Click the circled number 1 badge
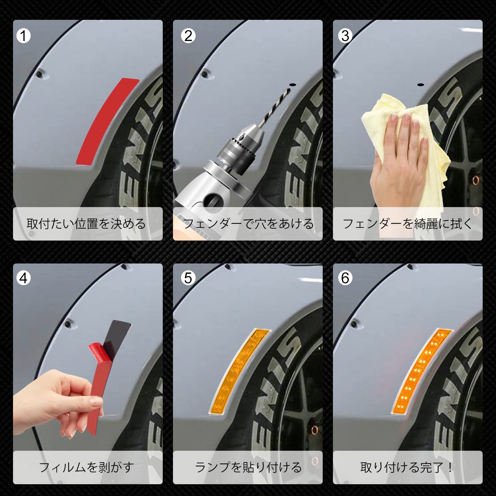tap(23, 36)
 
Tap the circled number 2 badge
tap(188, 36)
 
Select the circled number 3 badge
tap(345, 36)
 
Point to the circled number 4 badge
tap(23, 278)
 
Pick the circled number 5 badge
tap(188, 278)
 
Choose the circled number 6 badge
tap(345, 278)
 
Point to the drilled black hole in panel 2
tap(292, 85)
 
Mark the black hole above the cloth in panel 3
tap(420, 84)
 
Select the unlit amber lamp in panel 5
tap(240, 370)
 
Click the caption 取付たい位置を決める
tap(86, 224)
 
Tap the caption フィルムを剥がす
tap(86, 467)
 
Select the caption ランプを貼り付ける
tap(248, 467)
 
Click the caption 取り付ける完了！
tap(407, 467)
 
